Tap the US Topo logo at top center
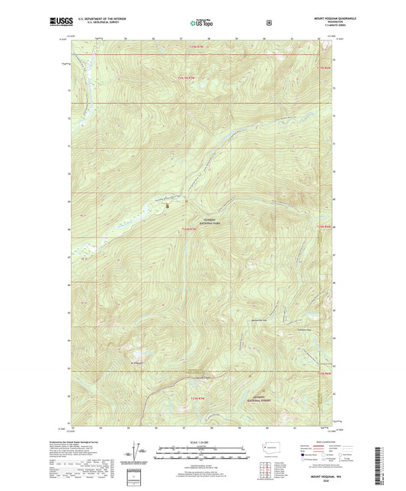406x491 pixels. coord(201,23)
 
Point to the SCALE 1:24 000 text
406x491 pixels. coord(202,441)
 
